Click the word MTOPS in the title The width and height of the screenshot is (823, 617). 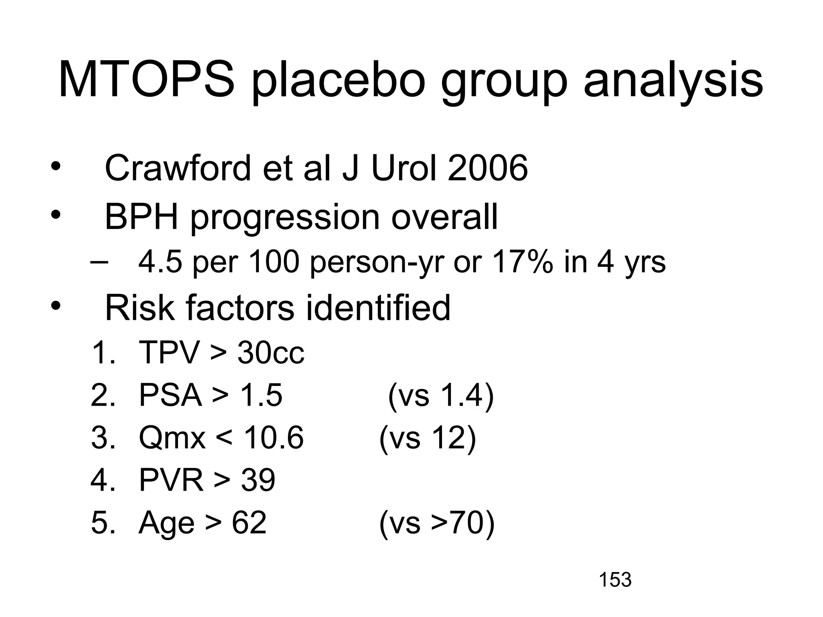146,80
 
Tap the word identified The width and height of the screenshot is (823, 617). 378,308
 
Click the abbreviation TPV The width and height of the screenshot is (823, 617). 169,353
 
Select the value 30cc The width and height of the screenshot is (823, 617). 270,353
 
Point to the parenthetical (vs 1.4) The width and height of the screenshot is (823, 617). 441,395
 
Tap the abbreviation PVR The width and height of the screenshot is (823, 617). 171,480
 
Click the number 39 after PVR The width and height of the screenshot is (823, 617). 258,480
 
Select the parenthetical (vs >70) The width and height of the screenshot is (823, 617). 437,523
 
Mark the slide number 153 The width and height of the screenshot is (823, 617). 615,580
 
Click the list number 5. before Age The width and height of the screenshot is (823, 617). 103,523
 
